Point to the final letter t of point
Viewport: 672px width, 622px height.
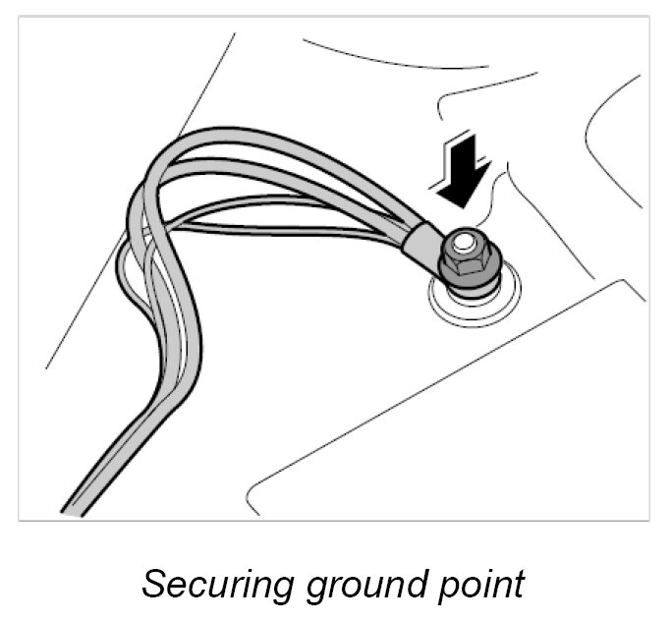click(521, 584)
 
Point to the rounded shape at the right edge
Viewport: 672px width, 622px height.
click(609, 128)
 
